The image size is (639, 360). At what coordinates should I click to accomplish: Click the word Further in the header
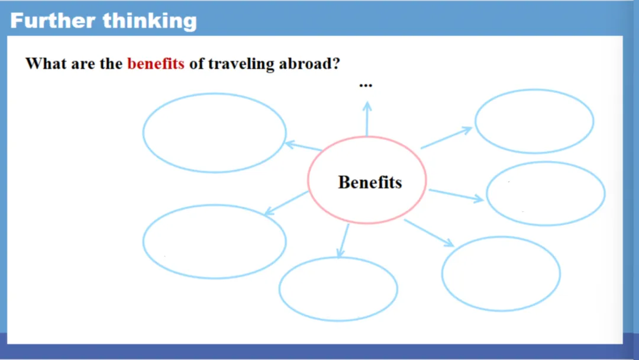click(x=53, y=21)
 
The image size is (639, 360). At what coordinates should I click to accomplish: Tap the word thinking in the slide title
click(x=150, y=22)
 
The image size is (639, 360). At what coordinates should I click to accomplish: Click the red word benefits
click(x=156, y=63)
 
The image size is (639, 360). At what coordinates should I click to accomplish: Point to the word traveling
click(x=241, y=65)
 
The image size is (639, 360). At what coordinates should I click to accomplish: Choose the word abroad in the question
click(x=306, y=63)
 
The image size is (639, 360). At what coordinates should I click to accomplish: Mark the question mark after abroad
click(x=337, y=63)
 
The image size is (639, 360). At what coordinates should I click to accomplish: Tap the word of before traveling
click(x=196, y=63)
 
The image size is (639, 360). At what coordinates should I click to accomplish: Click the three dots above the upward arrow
click(x=366, y=85)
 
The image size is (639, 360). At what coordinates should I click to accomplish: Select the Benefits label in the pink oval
click(x=370, y=182)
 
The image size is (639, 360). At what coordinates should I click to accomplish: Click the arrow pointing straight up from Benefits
click(x=367, y=118)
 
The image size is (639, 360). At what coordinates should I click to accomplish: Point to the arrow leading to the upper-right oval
click(x=446, y=138)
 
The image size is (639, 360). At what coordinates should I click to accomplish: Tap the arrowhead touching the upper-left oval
click(x=290, y=144)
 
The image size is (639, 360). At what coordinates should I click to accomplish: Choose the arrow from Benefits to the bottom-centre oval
click(x=343, y=240)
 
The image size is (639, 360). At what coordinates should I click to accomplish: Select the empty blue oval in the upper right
click(x=534, y=89)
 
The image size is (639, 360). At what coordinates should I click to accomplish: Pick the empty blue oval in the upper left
click(x=214, y=94)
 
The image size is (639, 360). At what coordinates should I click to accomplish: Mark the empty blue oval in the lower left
click(x=214, y=205)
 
